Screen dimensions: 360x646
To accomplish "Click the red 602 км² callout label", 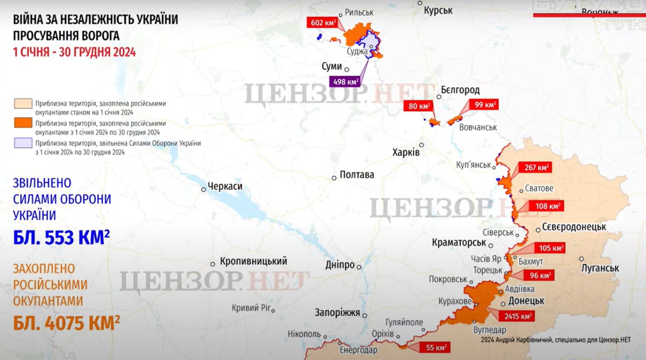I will click(322, 23).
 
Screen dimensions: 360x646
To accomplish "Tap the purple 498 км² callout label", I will click(345, 82).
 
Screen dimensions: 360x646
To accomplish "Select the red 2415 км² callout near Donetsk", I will click(517, 316).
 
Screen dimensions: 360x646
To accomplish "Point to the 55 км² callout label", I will click(435, 347).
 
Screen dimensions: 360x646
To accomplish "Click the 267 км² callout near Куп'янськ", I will click(535, 167).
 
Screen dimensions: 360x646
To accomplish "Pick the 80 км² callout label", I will click(419, 106).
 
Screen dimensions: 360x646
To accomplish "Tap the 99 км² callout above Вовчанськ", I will click(484, 104).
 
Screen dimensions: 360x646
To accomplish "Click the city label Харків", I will click(406, 152).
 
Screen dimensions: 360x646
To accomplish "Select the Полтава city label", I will click(357, 175).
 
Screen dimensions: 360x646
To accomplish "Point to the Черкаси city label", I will click(225, 186).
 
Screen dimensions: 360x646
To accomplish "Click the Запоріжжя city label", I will click(337, 313).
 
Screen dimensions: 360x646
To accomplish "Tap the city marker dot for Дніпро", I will click(359, 267).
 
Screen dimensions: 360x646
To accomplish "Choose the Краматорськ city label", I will click(459, 243).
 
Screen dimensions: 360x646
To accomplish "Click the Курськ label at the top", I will click(438, 11).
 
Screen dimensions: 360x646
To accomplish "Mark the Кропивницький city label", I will click(253, 261).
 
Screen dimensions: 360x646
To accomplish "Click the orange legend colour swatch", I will click(23, 123).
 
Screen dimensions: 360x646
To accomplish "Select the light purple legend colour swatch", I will click(23, 143).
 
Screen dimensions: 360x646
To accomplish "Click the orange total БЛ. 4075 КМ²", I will click(66, 323).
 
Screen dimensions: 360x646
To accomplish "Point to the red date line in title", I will click(74, 52).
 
